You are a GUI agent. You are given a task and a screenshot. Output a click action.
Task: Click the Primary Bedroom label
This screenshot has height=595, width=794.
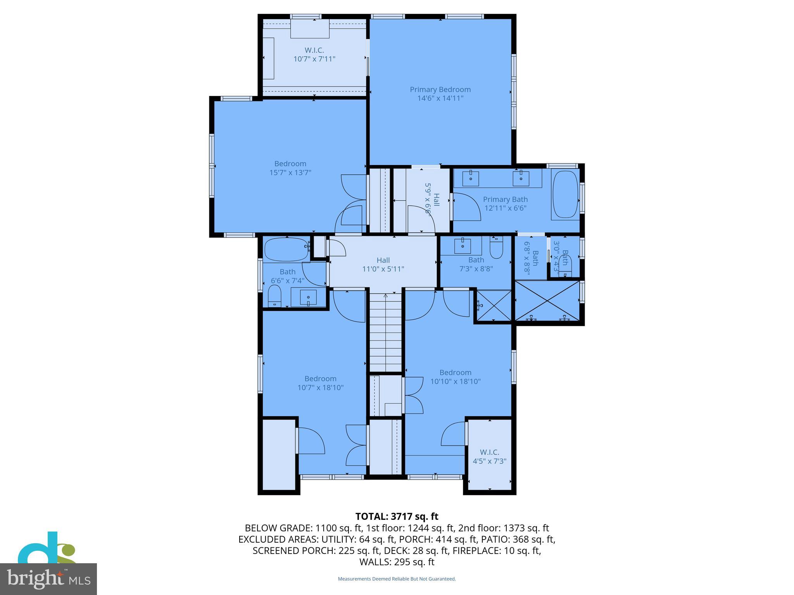[x=440, y=89]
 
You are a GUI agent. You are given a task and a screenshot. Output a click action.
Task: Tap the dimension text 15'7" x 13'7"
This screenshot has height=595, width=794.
[x=290, y=173]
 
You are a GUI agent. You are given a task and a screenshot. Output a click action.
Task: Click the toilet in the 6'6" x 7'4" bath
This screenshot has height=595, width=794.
[x=274, y=296]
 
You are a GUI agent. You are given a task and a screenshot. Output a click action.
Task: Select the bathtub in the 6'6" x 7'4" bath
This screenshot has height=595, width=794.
[x=286, y=249]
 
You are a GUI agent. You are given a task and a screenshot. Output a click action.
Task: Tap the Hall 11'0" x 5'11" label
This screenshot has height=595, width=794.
[x=383, y=265]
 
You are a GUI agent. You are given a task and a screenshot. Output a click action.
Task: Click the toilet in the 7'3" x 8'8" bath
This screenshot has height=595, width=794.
[x=496, y=248]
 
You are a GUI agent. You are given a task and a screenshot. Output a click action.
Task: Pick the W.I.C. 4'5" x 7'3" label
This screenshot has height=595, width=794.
[x=489, y=457]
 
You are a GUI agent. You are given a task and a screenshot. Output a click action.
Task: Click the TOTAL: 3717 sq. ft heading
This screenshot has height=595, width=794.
[x=397, y=516]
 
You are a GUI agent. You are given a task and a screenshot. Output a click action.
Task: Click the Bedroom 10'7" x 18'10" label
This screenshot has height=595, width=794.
[x=320, y=383]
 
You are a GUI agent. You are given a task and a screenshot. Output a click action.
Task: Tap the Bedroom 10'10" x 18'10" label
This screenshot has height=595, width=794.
[x=455, y=377]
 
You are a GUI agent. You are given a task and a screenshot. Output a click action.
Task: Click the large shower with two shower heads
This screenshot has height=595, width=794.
[x=547, y=301]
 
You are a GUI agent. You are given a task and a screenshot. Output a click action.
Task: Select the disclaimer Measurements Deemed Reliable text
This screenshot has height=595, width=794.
[x=397, y=579]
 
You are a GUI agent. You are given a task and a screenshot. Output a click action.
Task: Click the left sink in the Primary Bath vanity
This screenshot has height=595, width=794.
[x=470, y=179]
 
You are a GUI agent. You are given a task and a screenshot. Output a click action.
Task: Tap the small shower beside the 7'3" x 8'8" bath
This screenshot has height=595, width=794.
[x=494, y=306]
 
